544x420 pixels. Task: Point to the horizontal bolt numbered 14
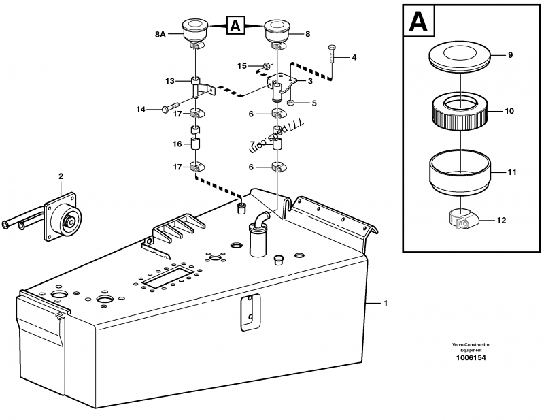170,107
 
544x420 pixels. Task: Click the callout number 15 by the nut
241,65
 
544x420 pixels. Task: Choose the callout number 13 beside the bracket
170,81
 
